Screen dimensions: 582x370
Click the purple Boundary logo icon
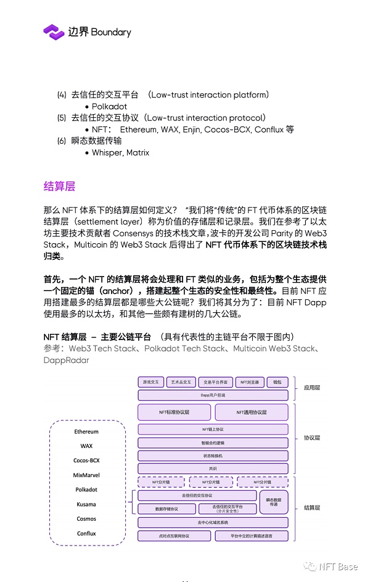click(x=54, y=31)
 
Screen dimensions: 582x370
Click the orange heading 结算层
click(x=60, y=186)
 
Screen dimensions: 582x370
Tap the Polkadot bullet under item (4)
click(x=109, y=106)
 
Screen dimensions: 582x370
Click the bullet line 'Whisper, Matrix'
click(x=120, y=152)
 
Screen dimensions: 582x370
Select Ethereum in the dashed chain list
click(x=86, y=431)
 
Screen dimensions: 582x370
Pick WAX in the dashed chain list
click(x=86, y=446)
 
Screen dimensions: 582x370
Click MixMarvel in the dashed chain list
click(x=86, y=475)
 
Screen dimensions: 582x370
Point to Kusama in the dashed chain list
click(x=86, y=504)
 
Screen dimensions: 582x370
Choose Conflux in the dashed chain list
click(x=86, y=533)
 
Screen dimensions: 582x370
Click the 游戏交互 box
click(x=151, y=382)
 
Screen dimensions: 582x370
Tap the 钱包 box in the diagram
click(x=277, y=382)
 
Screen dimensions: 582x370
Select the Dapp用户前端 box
click(x=213, y=394)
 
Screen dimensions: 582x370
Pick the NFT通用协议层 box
click(x=251, y=412)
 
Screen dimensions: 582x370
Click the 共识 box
click(x=213, y=468)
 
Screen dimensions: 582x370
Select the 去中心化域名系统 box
click(x=213, y=522)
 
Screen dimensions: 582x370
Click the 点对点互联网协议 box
click(x=174, y=536)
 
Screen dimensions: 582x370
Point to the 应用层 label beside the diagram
click(x=312, y=388)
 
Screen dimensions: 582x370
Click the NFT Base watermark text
click(x=337, y=567)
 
